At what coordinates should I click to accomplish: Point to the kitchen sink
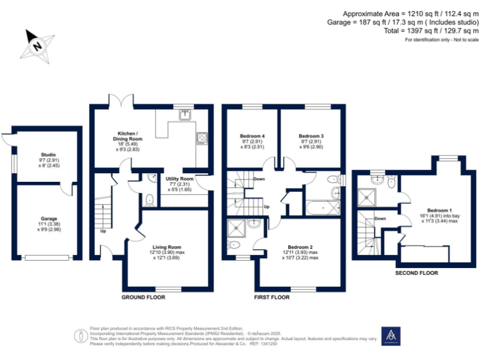pos(186,114)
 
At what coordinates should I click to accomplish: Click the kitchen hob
pos(202,138)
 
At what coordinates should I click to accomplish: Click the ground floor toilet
pos(149,200)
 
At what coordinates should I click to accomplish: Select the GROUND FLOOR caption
pos(143,297)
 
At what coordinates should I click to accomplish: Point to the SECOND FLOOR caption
pos(417,273)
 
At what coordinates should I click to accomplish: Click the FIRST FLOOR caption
pos(272,297)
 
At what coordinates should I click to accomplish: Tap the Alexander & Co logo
pos(391,336)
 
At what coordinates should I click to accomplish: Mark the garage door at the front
pos(47,256)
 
